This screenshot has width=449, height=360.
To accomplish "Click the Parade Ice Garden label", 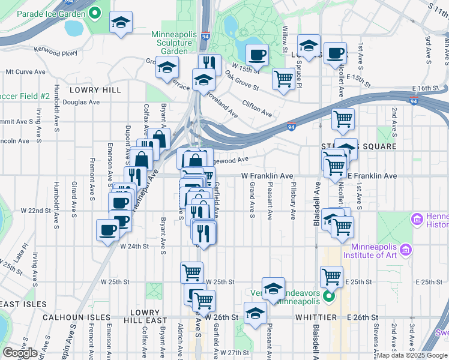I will click(50, 13).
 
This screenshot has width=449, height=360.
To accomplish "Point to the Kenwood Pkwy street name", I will click(57, 53).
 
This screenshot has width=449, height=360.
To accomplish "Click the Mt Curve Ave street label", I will click(25, 71).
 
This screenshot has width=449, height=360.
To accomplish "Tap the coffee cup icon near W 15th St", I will click(257, 55).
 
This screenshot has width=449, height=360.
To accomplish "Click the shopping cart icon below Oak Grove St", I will click(283, 79).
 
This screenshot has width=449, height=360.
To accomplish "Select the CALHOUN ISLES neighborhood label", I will click(77, 317).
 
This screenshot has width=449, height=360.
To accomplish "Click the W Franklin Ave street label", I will click(267, 176).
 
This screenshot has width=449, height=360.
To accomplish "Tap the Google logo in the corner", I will click(19, 353).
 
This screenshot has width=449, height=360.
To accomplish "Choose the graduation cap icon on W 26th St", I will click(255, 314).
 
